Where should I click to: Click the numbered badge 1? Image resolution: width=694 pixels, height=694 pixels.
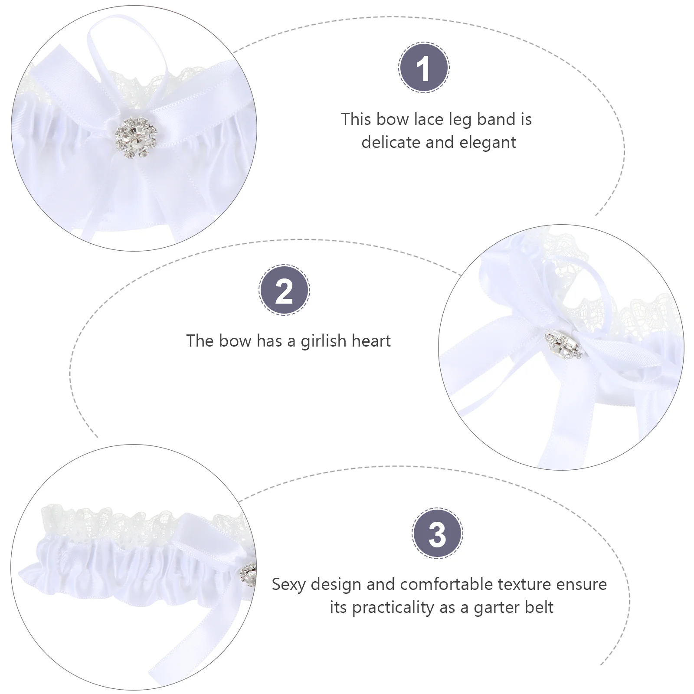(424, 68)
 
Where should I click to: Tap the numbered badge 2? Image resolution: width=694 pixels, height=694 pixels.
(284, 290)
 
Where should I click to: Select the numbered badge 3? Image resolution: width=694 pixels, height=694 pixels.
(437, 533)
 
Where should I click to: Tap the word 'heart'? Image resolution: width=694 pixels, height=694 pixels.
(371, 341)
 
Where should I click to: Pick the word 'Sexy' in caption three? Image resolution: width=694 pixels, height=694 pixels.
(288, 585)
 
